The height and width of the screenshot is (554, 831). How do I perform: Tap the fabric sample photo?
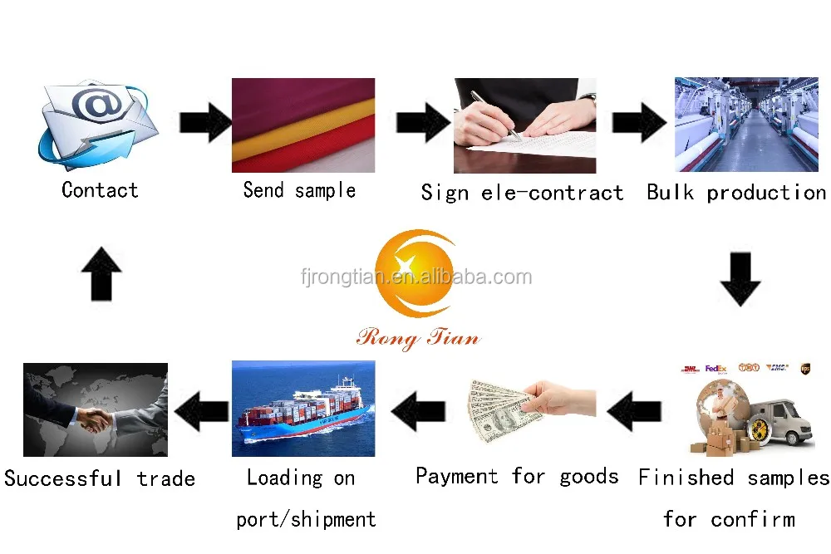point(302,125)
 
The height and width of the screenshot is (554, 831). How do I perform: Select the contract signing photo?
point(524,125)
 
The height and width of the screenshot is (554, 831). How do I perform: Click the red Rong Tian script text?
point(418,336)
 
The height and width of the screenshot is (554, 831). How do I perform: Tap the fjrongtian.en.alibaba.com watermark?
point(415,277)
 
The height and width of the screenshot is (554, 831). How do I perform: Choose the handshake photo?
point(95,409)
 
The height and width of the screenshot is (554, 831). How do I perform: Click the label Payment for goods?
point(516,476)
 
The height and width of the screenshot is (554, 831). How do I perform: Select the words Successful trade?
point(100,478)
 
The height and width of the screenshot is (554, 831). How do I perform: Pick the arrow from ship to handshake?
point(201,409)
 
